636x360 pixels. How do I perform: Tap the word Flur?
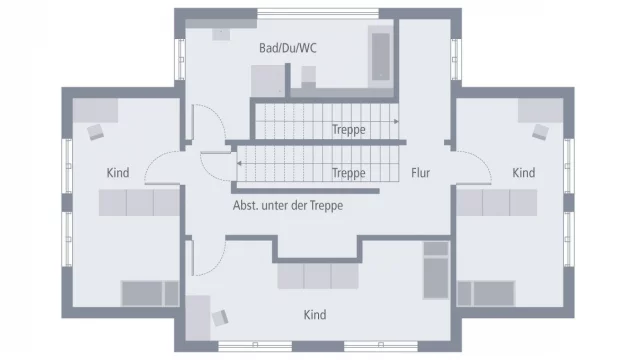point(420,173)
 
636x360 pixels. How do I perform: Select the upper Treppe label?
point(348,130)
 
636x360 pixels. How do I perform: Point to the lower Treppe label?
point(348,173)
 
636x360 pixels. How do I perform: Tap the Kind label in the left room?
point(118,173)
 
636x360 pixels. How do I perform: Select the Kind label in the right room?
point(523,173)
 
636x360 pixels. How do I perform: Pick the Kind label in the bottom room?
point(315,315)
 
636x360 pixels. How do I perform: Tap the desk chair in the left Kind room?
point(96,130)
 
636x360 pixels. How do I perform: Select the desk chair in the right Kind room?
point(540,131)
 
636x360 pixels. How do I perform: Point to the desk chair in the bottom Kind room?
point(218,317)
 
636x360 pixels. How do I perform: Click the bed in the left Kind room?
point(149,293)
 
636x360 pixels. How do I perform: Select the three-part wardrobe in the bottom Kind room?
point(317,276)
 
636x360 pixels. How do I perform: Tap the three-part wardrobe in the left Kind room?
point(138,203)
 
